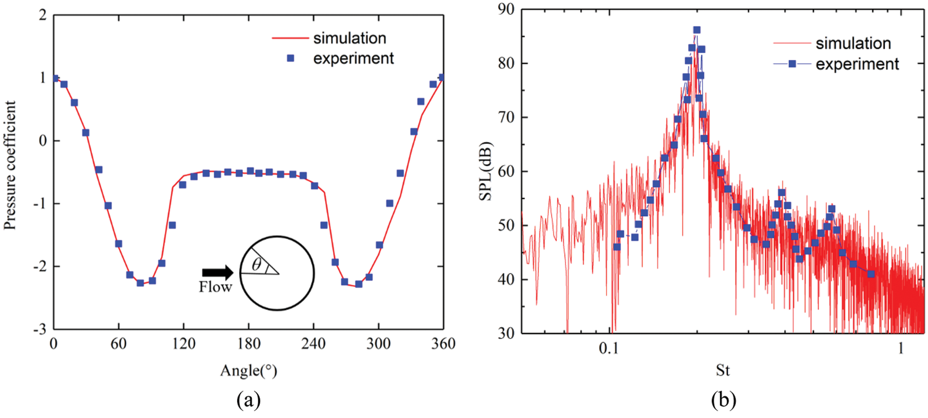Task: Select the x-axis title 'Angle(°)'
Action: click(x=248, y=370)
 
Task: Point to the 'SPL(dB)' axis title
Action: click(x=486, y=171)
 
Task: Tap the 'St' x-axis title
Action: click(x=723, y=370)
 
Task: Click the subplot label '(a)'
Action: click(x=249, y=399)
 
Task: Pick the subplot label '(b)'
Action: click(x=723, y=399)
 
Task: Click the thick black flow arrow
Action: click(x=217, y=272)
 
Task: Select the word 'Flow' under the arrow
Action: click(x=215, y=288)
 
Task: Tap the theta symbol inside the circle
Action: click(x=257, y=264)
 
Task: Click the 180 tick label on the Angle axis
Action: click(x=249, y=344)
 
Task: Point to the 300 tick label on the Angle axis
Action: click(x=379, y=344)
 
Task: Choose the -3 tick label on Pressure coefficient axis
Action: click(x=40, y=329)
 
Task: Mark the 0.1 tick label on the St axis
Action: click(x=609, y=349)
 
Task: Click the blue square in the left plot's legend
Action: click(x=291, y=58)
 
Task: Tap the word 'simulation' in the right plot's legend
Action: click(x=853, y=43)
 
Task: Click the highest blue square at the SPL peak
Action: click(x=697, y=30)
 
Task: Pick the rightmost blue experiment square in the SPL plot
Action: click(x=871, y=274)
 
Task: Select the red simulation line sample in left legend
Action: click(x=290, y=38)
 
